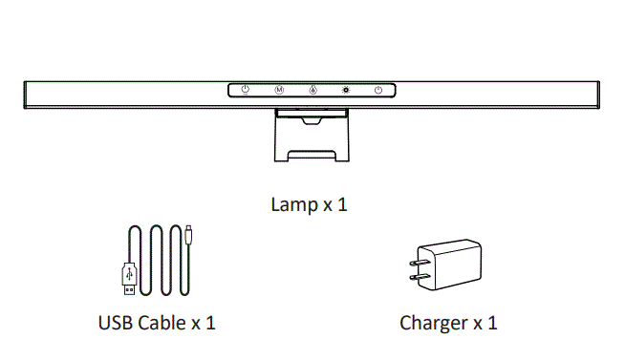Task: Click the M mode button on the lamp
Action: [279, 91]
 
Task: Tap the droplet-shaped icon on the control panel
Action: [312, 91]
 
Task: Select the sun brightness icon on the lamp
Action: [346, 91]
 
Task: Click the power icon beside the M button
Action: [246, 91]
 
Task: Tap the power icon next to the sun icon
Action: [379, 91]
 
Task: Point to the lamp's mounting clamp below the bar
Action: [312, 138]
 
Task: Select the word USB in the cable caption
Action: [115, 322]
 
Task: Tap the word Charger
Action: [432, 322]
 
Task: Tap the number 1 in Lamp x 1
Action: [342, 204]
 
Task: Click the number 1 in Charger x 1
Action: [492, 322]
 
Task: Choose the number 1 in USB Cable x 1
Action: [210, 322]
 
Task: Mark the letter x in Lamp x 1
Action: [325, 205]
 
